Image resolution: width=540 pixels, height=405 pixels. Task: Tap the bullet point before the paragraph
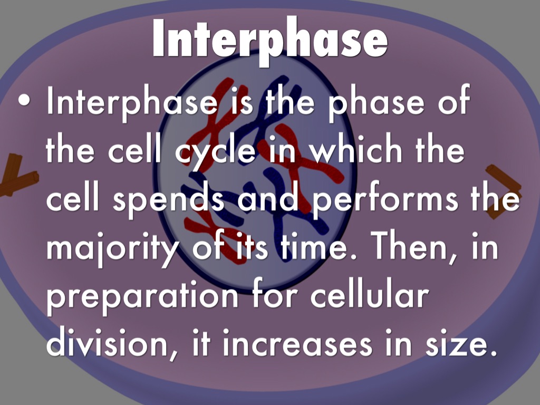pyautogui.click(x=24, y=100)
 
